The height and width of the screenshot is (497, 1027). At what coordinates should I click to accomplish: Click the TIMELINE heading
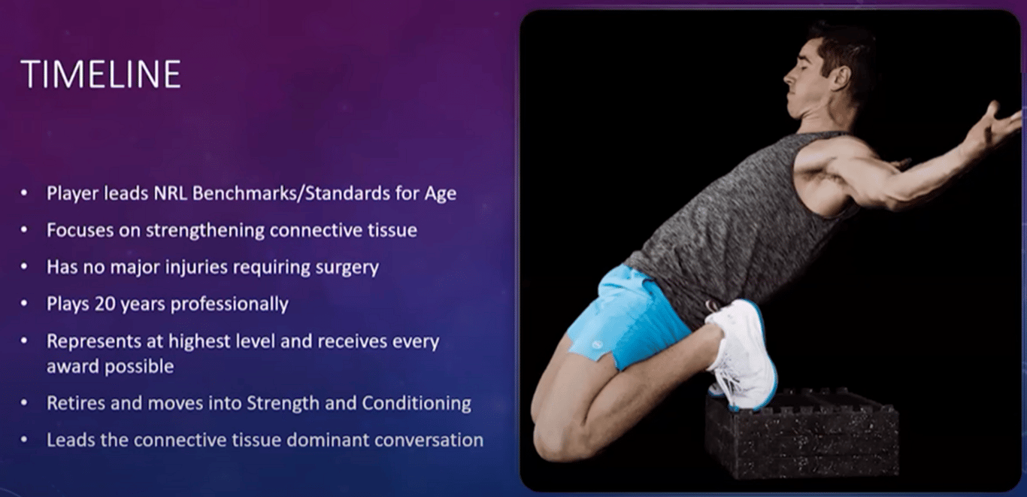pyautogui.click(x=101, y=74)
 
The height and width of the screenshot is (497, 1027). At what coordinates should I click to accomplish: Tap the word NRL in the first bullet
pyautogui.click(x=170, y=193)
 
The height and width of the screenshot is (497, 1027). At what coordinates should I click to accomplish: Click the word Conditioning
pyautogui.click(x=417, y=404)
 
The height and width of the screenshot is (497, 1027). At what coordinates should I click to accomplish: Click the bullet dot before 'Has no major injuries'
pyautogui.click(x=24, y=268)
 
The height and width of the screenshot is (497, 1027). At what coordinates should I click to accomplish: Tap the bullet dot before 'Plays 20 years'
pyautogui.click(x=24, y=304)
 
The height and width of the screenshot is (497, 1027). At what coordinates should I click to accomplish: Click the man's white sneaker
pyautogui.click(x=741, y=354)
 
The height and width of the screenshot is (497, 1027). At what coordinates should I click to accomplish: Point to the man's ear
pyautogui.click(x=841, y=78)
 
